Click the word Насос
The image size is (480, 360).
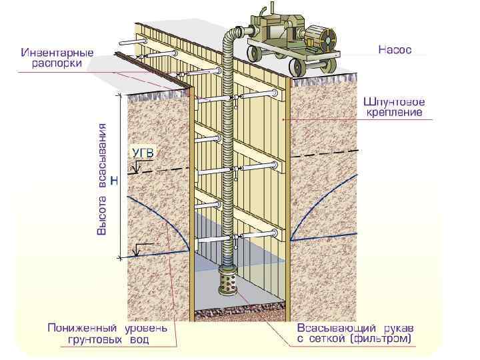pyautogui.click(x=395, y=49)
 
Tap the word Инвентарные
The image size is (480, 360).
pyautogui.click(x=57, y=53)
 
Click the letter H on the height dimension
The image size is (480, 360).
pyautogui.click(x=114, y=180)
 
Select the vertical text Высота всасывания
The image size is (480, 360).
pyautogui.click(x=102, y=178)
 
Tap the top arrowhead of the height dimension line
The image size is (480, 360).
pyautogui.click(x=120, y=96)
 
